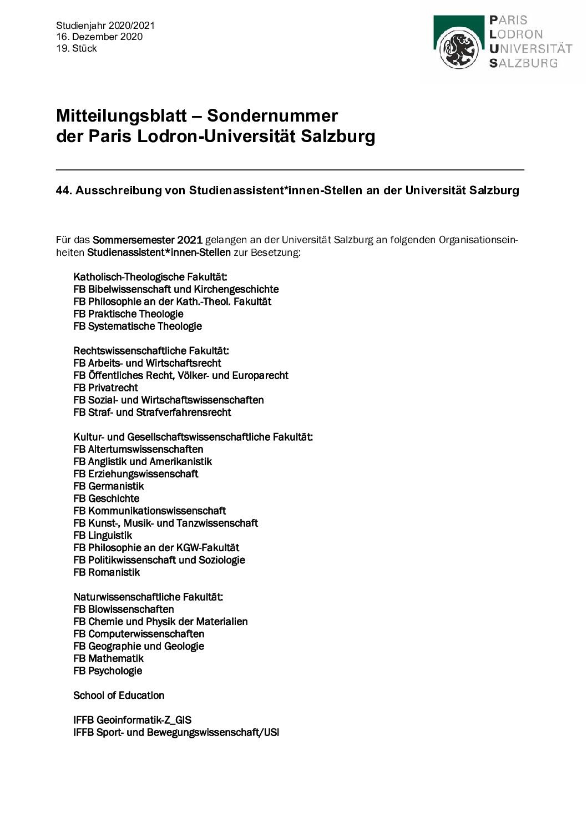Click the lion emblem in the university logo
[459, 49]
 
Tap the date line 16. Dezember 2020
[99, 37]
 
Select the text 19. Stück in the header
[77, 48]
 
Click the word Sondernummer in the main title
[272, 115]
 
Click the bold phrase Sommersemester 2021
[147, 240]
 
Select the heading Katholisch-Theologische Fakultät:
[150, 277]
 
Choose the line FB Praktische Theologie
[128, 314]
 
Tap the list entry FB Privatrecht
[105, 387]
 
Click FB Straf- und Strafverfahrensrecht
[152, 412]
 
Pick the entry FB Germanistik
[108, 486]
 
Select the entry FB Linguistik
[103, 535]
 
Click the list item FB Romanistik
[107, 572]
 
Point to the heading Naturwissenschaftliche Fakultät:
[148, 597]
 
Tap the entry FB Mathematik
[108, 658]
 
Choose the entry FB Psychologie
[108, 671]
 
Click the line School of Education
[119, 695]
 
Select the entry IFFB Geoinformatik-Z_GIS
[132, 720]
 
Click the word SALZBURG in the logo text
[523, 63]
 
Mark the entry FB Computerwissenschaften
[139, 634]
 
